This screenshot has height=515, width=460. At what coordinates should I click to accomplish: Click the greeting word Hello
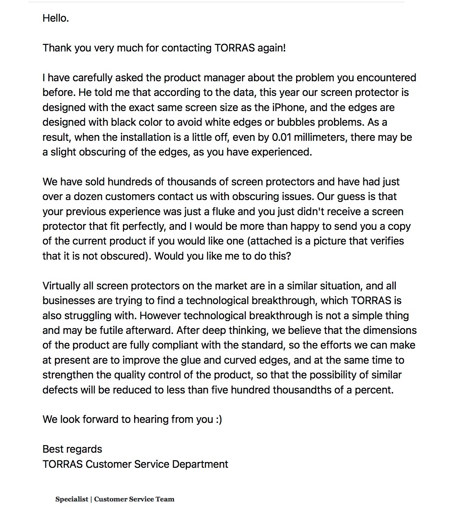[x=55, y=18]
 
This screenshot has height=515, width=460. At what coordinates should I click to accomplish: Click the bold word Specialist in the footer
[x=72, y=499]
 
